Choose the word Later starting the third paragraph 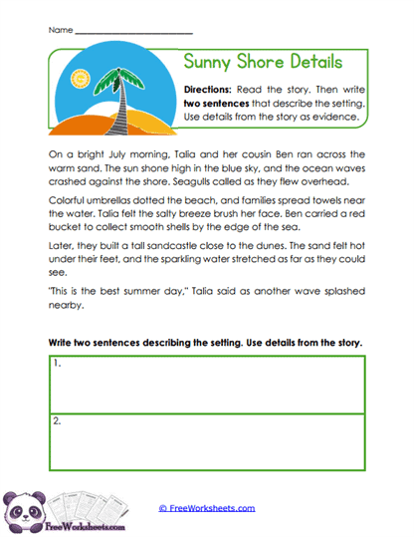pos(61,269)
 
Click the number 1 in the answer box pos(58,365)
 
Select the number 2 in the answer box pos(58,420)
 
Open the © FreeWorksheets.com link pos(207,507)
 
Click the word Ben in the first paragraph pos(263,154)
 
